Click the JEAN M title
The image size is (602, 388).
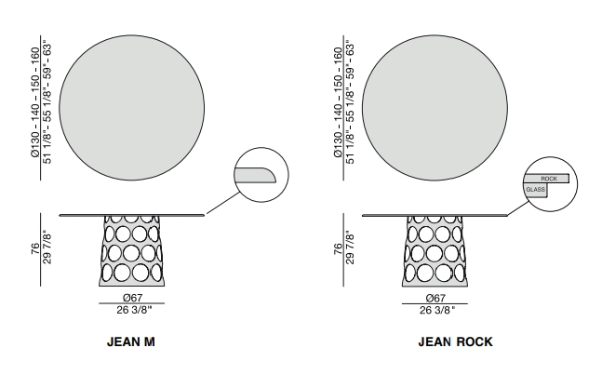(x=130, y=341)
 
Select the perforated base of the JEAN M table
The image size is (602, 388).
(x=131, y=254)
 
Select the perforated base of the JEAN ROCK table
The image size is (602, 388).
(x=434, y=254)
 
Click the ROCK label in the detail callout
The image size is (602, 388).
(x=548, y=177)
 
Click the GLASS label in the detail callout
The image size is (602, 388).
(x=535, y=190)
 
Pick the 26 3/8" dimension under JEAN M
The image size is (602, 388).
(x=131, y=310)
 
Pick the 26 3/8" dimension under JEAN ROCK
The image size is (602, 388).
(x=434, y=310)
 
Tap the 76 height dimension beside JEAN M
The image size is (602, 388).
(x=35, y=250)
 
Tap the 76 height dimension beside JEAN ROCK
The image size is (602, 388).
(x=338, y=250)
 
